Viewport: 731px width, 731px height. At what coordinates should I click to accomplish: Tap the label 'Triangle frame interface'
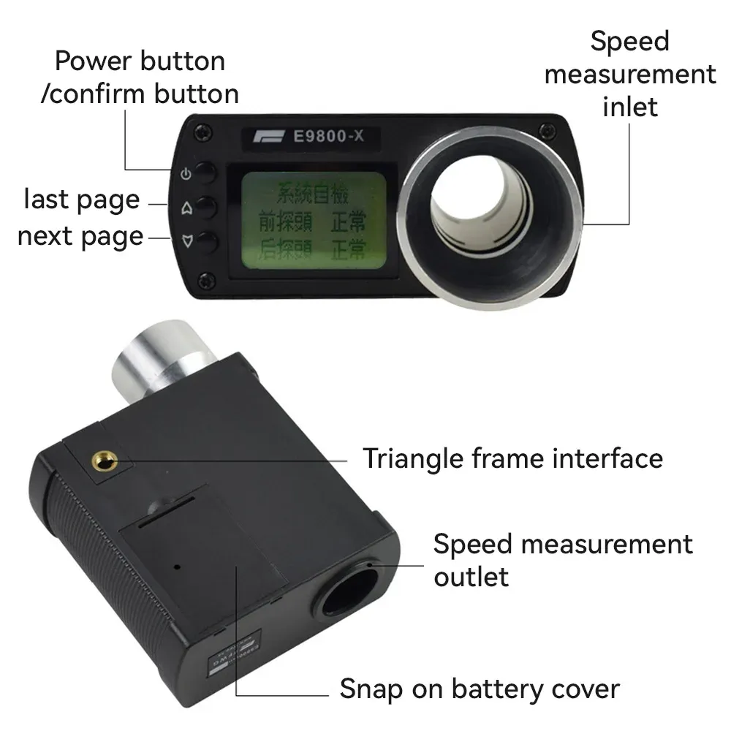[x=512, y=459]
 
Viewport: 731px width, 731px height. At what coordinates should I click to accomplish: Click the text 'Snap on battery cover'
[x=480, y=689]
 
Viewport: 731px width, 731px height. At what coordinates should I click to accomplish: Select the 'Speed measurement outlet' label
[x=562, y=560]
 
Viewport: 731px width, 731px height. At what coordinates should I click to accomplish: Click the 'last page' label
[x=81, y=200]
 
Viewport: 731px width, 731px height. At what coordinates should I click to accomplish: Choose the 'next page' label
[x=80, y=237]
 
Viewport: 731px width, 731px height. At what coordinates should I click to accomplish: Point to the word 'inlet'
[x=630, y=107]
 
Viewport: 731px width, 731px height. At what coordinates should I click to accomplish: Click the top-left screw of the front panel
[x=197, y=132]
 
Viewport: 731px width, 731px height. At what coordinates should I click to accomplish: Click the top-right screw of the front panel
[x=543, y=130]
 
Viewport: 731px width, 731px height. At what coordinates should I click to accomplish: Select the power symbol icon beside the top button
[x=186, y=174]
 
